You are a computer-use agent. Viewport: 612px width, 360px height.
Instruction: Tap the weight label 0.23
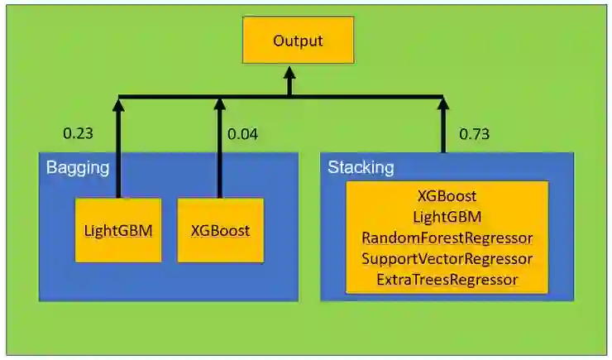(78, 132)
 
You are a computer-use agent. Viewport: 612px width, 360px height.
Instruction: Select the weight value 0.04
(243, 132)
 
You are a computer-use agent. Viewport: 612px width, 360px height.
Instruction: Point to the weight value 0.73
(475, 132)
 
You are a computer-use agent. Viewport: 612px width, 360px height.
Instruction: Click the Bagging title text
(77, 168)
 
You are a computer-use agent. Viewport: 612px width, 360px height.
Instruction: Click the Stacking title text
(361, 168)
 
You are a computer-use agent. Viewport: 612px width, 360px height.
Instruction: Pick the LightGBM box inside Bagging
(118, 230)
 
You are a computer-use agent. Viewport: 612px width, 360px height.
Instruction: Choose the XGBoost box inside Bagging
(220, 230)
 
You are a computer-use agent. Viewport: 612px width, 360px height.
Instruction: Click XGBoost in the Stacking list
(447, 196)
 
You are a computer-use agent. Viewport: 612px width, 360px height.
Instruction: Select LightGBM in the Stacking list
(447, 217)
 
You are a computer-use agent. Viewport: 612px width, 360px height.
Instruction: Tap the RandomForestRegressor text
(447, 238)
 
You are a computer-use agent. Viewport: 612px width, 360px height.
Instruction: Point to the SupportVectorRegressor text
(447, 258)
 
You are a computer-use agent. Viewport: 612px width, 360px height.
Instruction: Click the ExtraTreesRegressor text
(447, 279)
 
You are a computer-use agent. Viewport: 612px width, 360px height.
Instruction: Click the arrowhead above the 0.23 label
(118, 103)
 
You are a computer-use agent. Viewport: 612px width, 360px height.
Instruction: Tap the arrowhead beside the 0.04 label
(219, 103)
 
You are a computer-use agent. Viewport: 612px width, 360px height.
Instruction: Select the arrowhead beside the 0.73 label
(443, 103)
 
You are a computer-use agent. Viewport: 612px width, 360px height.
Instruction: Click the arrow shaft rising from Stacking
(443, 132)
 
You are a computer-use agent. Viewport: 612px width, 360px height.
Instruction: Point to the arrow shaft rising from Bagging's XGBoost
(219, 157)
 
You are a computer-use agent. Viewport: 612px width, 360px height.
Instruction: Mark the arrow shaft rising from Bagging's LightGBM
(118, 157)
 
